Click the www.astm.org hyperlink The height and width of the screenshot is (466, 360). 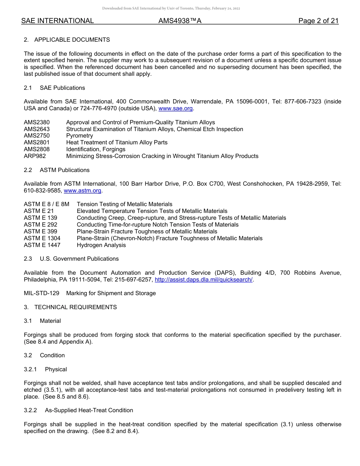83,191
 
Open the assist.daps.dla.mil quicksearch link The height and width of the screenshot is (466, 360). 203,280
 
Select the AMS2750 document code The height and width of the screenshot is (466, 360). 37,136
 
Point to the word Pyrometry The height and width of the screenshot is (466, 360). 79,136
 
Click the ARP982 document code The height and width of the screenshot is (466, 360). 35,156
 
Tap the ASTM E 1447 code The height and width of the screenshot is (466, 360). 42,245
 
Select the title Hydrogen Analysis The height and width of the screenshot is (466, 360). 101,245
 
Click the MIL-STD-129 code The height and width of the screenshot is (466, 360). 42,293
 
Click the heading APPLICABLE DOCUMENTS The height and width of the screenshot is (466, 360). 72,40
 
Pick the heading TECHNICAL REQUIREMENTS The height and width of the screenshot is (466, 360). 75,307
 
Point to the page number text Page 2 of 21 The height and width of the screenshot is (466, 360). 318,21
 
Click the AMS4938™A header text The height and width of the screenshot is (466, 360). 180,21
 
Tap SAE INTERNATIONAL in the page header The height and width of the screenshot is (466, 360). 58,21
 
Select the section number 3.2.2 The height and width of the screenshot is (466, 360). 30,410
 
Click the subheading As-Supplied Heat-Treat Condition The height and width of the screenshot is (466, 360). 89,410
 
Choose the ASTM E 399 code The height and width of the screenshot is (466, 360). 41,231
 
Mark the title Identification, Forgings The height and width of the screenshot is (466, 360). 95,149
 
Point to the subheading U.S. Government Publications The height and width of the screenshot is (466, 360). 79,259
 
